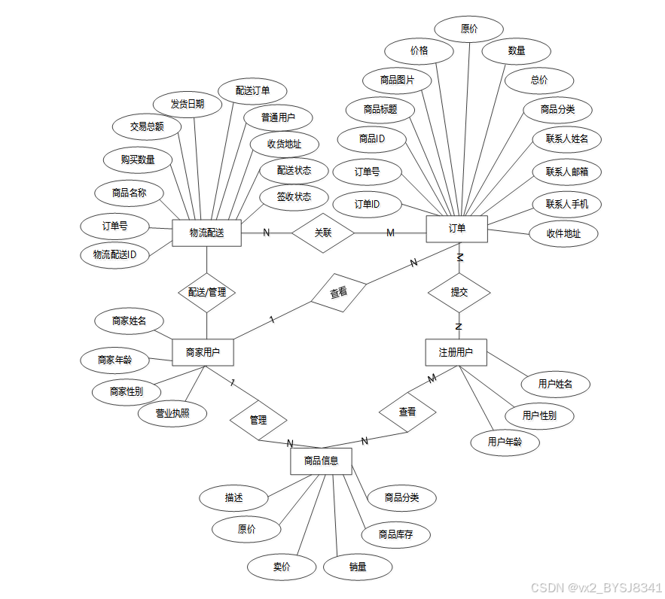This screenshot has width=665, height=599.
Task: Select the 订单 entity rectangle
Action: (456, 229)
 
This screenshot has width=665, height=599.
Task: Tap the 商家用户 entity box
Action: (203, 351)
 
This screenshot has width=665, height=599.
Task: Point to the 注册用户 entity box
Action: (456, 352)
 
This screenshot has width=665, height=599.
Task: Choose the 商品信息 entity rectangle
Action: (321, 461)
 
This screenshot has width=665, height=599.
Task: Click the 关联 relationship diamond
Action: (323, 233)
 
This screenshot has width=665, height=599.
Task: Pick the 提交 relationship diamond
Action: (459, 292)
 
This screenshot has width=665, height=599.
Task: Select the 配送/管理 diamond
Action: (206, 292)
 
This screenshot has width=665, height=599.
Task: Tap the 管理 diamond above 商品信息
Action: (258, 420)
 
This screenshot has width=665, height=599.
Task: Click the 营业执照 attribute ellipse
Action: (172, 413)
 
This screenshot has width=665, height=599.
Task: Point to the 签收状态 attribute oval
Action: (294, 197)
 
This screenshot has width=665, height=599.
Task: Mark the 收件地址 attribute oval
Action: (564, 233)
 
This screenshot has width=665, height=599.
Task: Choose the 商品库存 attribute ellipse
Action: (395, 534)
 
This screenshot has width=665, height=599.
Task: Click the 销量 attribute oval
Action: (358, 567)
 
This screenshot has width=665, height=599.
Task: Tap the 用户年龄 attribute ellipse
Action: (505, 442)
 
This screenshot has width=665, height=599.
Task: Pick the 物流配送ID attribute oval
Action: (114, 254)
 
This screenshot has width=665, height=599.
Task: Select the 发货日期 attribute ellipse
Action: (188, 104)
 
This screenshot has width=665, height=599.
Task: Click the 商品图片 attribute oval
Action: (396, 80)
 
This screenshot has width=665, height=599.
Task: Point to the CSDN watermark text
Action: (596, 587)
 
